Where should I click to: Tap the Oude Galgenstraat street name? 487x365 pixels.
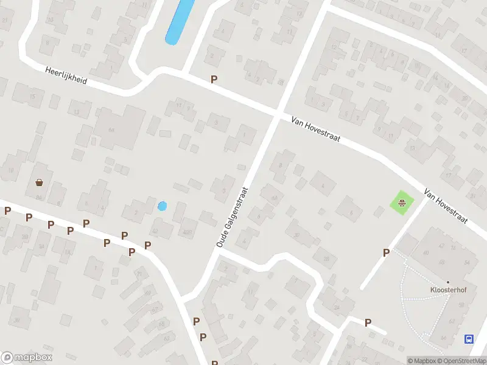pyautogui.click(x=233, y=217)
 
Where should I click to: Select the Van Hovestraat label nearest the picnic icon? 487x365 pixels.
pyautogui.click(x=446, y=204)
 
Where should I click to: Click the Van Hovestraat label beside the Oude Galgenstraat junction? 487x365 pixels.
pyautogui.click(x=315, y=130)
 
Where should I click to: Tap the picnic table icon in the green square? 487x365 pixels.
pyautogui.click(x=402, y=203)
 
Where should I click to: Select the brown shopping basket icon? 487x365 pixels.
pyautogui.click(x=40, y=182)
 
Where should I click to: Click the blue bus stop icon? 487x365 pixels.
pyautogui.click(x=469, y=339)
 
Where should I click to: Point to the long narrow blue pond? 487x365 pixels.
pyautogui.click(x=180, y=21)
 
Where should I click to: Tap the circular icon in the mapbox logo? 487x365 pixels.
pyautogui.click(x=8, y=357)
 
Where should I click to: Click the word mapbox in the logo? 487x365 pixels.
pyautogui.click(x=33, y=357)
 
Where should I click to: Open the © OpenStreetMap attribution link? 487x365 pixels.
pyautogui.click(x=463, y=361)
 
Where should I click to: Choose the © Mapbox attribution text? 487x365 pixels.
pyautogui.click(x=421, y=361)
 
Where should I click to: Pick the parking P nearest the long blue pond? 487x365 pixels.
pyautogui.click(x=214, y=79)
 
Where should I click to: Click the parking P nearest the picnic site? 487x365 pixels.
pyautogui.click(x=386, y=252)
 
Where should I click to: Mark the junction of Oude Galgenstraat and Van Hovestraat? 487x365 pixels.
pyautogui.click(x=277, y=115)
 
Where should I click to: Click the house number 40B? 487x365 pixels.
pyautogui.click(x=186, y=231)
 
